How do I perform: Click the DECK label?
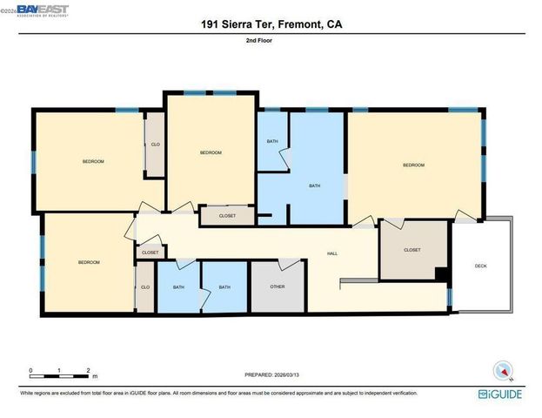(x=480, y=267)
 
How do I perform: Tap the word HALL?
(x=331, y=253)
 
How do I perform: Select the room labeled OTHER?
(x=277, y=287)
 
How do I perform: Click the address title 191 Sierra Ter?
(x=271, y=25)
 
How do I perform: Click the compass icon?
(x=503, y=371)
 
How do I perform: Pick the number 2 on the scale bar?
(x=89, y=371)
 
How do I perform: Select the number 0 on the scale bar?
(x=30, y=371)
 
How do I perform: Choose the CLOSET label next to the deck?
(x=412, y=250)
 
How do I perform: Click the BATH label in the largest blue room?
(x=315, y=185)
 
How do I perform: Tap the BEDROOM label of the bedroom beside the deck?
(x=413, y=165)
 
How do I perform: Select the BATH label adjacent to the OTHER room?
(x=224, y=287)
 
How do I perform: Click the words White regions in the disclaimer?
(x=38, y=393)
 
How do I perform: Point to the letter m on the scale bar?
(x=95, y=377)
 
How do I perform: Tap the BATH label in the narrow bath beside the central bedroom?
(x=272, y=142)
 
